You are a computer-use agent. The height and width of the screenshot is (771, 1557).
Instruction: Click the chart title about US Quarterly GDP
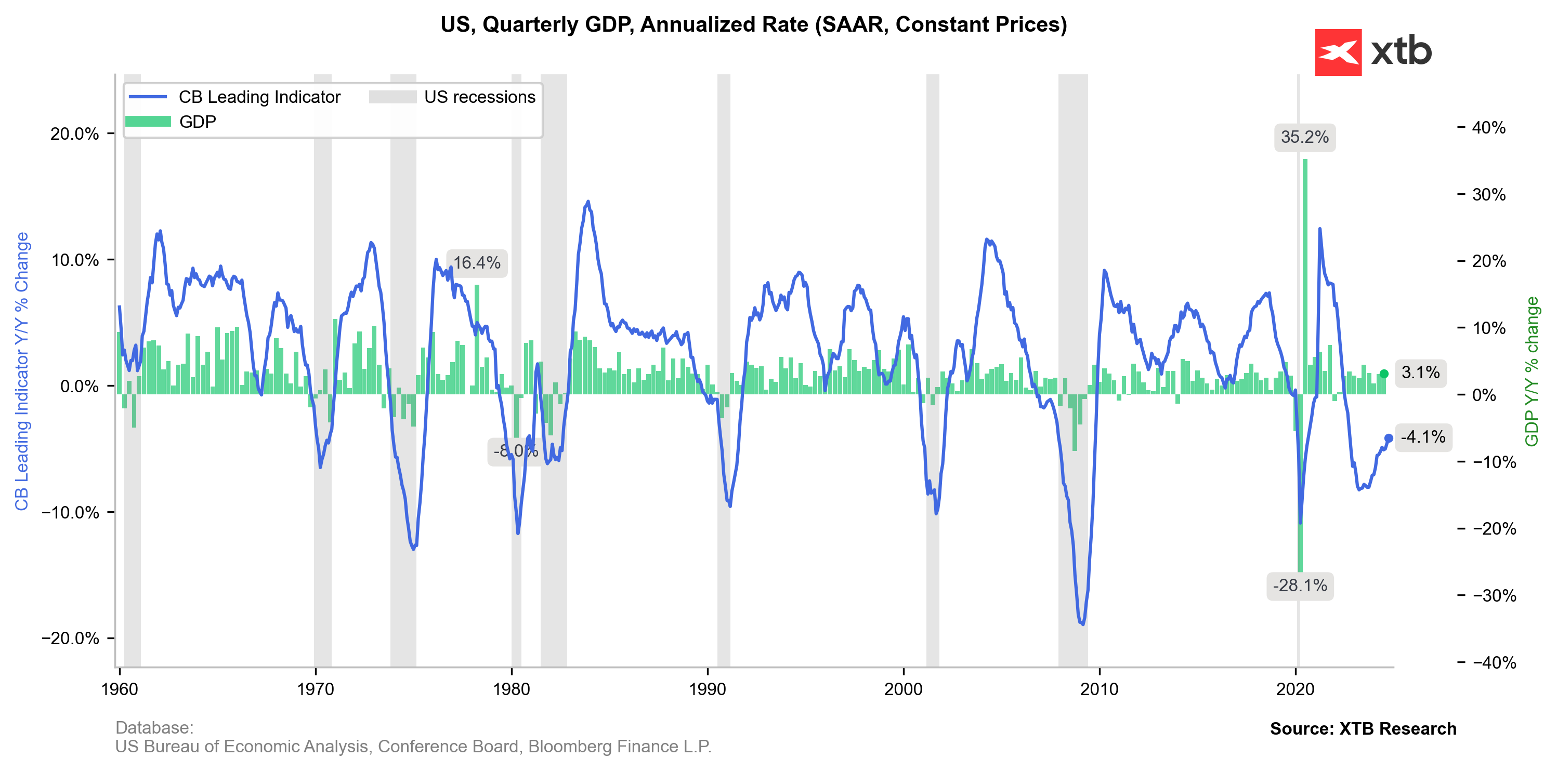click(753, 25)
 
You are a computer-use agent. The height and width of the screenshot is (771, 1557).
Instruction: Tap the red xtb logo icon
click(1338, 52)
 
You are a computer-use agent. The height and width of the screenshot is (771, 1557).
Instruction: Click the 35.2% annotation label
click(1304, 137)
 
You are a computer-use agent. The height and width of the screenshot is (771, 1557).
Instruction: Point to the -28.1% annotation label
click(1300, 586)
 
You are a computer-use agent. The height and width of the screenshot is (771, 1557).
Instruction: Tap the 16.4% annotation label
click(476, 263)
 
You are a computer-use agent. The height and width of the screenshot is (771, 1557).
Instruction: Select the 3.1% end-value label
click(1420, 372)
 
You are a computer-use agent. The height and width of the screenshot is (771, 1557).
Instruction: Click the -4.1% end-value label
click(1423, 437)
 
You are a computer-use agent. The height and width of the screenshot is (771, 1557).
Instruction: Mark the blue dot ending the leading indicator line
click(1389, 438)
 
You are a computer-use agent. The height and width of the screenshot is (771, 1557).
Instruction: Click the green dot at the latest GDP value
click(1384, 374)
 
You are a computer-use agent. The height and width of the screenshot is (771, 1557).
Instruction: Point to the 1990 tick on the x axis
click(707, 689)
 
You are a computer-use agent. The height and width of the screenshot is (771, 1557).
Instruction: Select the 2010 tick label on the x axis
click(1099, 689)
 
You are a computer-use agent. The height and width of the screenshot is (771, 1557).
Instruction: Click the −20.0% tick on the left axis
click(70, 639)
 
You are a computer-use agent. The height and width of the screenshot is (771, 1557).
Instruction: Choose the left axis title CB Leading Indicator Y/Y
click(22, 371)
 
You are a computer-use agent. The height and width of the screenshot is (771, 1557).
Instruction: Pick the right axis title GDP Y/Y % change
click(1532, 371)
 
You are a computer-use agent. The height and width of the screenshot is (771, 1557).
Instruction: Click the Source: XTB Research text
click(1363, 729)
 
